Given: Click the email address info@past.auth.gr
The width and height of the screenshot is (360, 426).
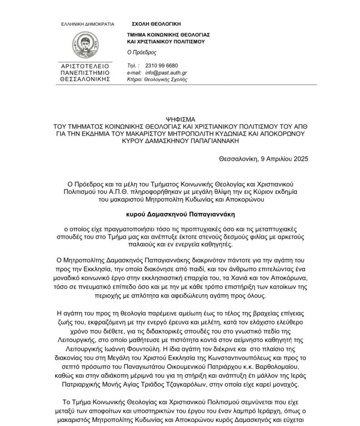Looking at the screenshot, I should tap(166, 73).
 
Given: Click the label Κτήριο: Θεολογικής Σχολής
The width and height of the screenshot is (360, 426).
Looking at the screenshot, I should tap(157, 79).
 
